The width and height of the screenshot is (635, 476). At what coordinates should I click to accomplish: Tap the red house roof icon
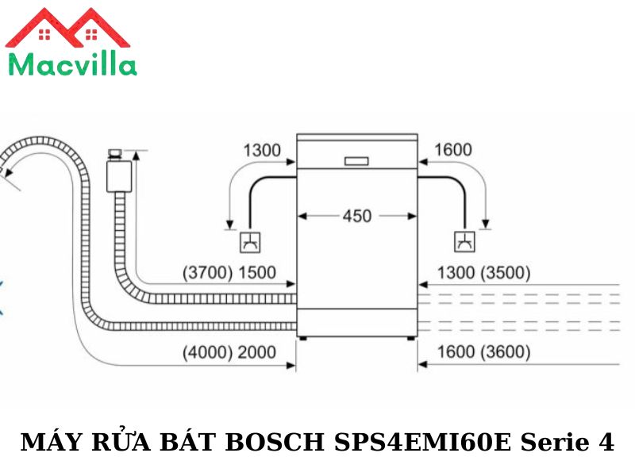tap(67, 29)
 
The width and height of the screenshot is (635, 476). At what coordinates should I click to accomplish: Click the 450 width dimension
tap(356, 215)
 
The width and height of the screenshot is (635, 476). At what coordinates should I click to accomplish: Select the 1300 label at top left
tap(262, 150)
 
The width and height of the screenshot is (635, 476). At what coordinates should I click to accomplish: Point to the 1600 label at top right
tap(453, 150)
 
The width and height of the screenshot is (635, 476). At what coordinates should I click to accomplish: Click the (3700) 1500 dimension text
tap(229, 273)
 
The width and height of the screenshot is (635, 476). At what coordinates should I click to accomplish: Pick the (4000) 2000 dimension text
tap(229, 352)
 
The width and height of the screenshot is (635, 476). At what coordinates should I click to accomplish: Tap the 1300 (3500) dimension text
tap(484, 273)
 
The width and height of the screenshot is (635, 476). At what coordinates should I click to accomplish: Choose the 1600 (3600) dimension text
tap(484, 352)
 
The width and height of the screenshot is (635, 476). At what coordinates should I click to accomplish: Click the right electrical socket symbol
tap(464, 241)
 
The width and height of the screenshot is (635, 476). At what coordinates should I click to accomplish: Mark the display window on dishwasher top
tap(356, 161)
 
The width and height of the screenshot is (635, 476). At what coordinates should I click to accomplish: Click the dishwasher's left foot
tap(302, 339)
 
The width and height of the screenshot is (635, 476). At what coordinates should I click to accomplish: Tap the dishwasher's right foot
tap(412, 339)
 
